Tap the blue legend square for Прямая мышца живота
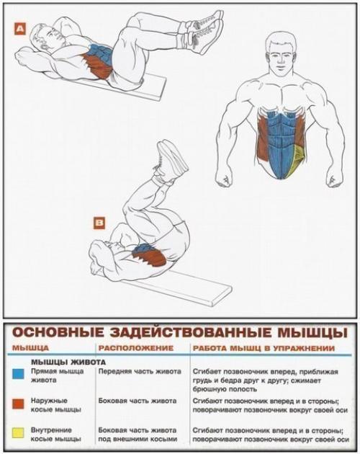click(18, 374)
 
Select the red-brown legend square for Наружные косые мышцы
click(18, 404)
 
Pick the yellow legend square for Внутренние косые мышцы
click(18, 434)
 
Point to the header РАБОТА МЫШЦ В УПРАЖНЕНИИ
click(263, 348)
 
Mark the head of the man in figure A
click(36, 45)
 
